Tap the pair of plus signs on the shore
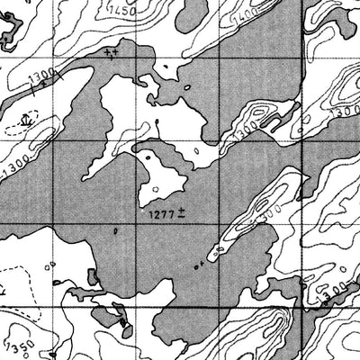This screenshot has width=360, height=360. coord(111,53)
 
